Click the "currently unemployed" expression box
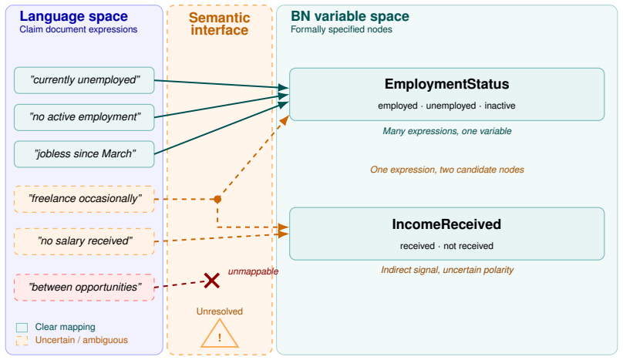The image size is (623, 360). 84,80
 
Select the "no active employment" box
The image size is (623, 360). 84,117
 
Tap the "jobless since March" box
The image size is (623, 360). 84,154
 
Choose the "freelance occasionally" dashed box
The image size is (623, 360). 84,199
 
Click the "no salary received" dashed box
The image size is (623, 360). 84,241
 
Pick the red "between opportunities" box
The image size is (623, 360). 84,288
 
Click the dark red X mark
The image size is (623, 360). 212,281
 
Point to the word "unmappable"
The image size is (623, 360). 253,271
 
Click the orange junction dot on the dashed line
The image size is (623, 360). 217,199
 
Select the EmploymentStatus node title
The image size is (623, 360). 446,84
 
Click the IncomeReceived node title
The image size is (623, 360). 446,224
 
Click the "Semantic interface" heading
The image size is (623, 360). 219,24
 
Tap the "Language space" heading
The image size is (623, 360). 74,16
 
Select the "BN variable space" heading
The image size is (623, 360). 350,16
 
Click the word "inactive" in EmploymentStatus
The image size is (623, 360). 500,106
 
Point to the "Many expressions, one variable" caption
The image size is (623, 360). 447,131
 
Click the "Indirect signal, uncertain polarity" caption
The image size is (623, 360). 447,270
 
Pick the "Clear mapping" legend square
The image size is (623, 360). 22,328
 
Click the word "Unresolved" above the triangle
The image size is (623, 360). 220,311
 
